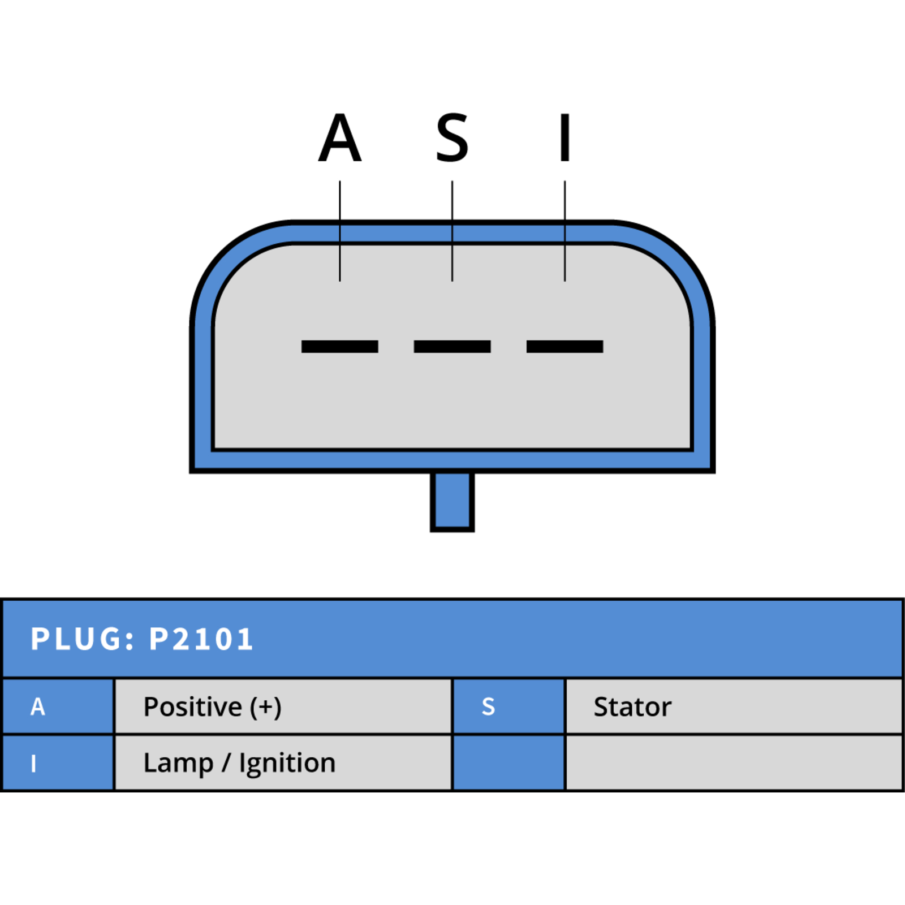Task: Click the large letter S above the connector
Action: click(x=452, y=137)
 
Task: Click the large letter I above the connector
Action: click(x=564, y=137)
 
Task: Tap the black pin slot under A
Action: click(x=339, y=346)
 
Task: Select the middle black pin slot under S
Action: click(x=452, y=346)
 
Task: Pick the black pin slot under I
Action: click(x=564, y=346)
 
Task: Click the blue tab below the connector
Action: click(x=452, y=502)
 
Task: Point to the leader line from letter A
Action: click(x=339, y=231)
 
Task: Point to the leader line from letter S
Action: click(x=452, y=231)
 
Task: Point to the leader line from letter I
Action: click(x=564, y=231)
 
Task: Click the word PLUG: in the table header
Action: click(x=83, y=639)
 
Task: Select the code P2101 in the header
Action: click(x=201, y=639)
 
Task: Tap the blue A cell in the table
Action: click(x=58, y=706)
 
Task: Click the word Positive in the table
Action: click(x=193, y=707)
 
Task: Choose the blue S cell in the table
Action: click(x=509, y=706)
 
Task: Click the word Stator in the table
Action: click(x=632, y=707)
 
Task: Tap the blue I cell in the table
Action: click(x=58, y=762)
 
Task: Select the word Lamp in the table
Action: click(x=178, y=764)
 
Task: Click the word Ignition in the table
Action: click(x=287, y=764)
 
